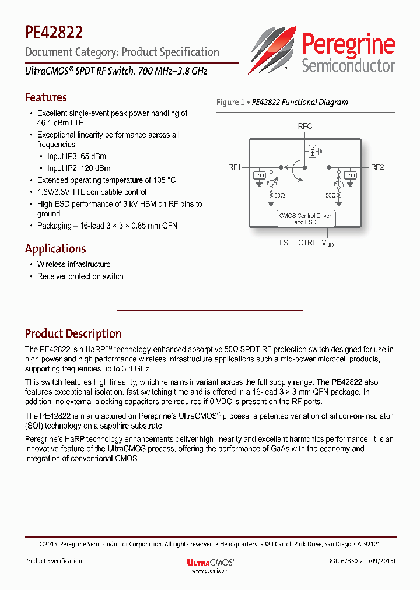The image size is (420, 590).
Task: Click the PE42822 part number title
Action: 54,31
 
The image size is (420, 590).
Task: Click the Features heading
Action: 45,97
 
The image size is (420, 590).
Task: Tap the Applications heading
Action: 55,248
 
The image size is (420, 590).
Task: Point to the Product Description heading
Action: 73,333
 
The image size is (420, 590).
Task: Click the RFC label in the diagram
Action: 304,126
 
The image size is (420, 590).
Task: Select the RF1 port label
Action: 235,167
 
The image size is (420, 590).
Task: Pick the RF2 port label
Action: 377,167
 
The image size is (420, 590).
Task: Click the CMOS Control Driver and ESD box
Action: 304,219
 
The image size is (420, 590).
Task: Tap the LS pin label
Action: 283,243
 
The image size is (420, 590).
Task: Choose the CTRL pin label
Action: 307,243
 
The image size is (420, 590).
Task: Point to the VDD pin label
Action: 328,243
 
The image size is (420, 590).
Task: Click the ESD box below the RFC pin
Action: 313,151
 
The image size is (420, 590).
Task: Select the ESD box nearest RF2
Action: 350,175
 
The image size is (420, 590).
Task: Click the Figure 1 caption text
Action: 282,102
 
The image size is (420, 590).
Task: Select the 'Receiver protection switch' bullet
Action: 80,276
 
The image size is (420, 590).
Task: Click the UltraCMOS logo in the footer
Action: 210,562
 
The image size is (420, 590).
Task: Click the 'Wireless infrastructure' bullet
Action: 73,264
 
